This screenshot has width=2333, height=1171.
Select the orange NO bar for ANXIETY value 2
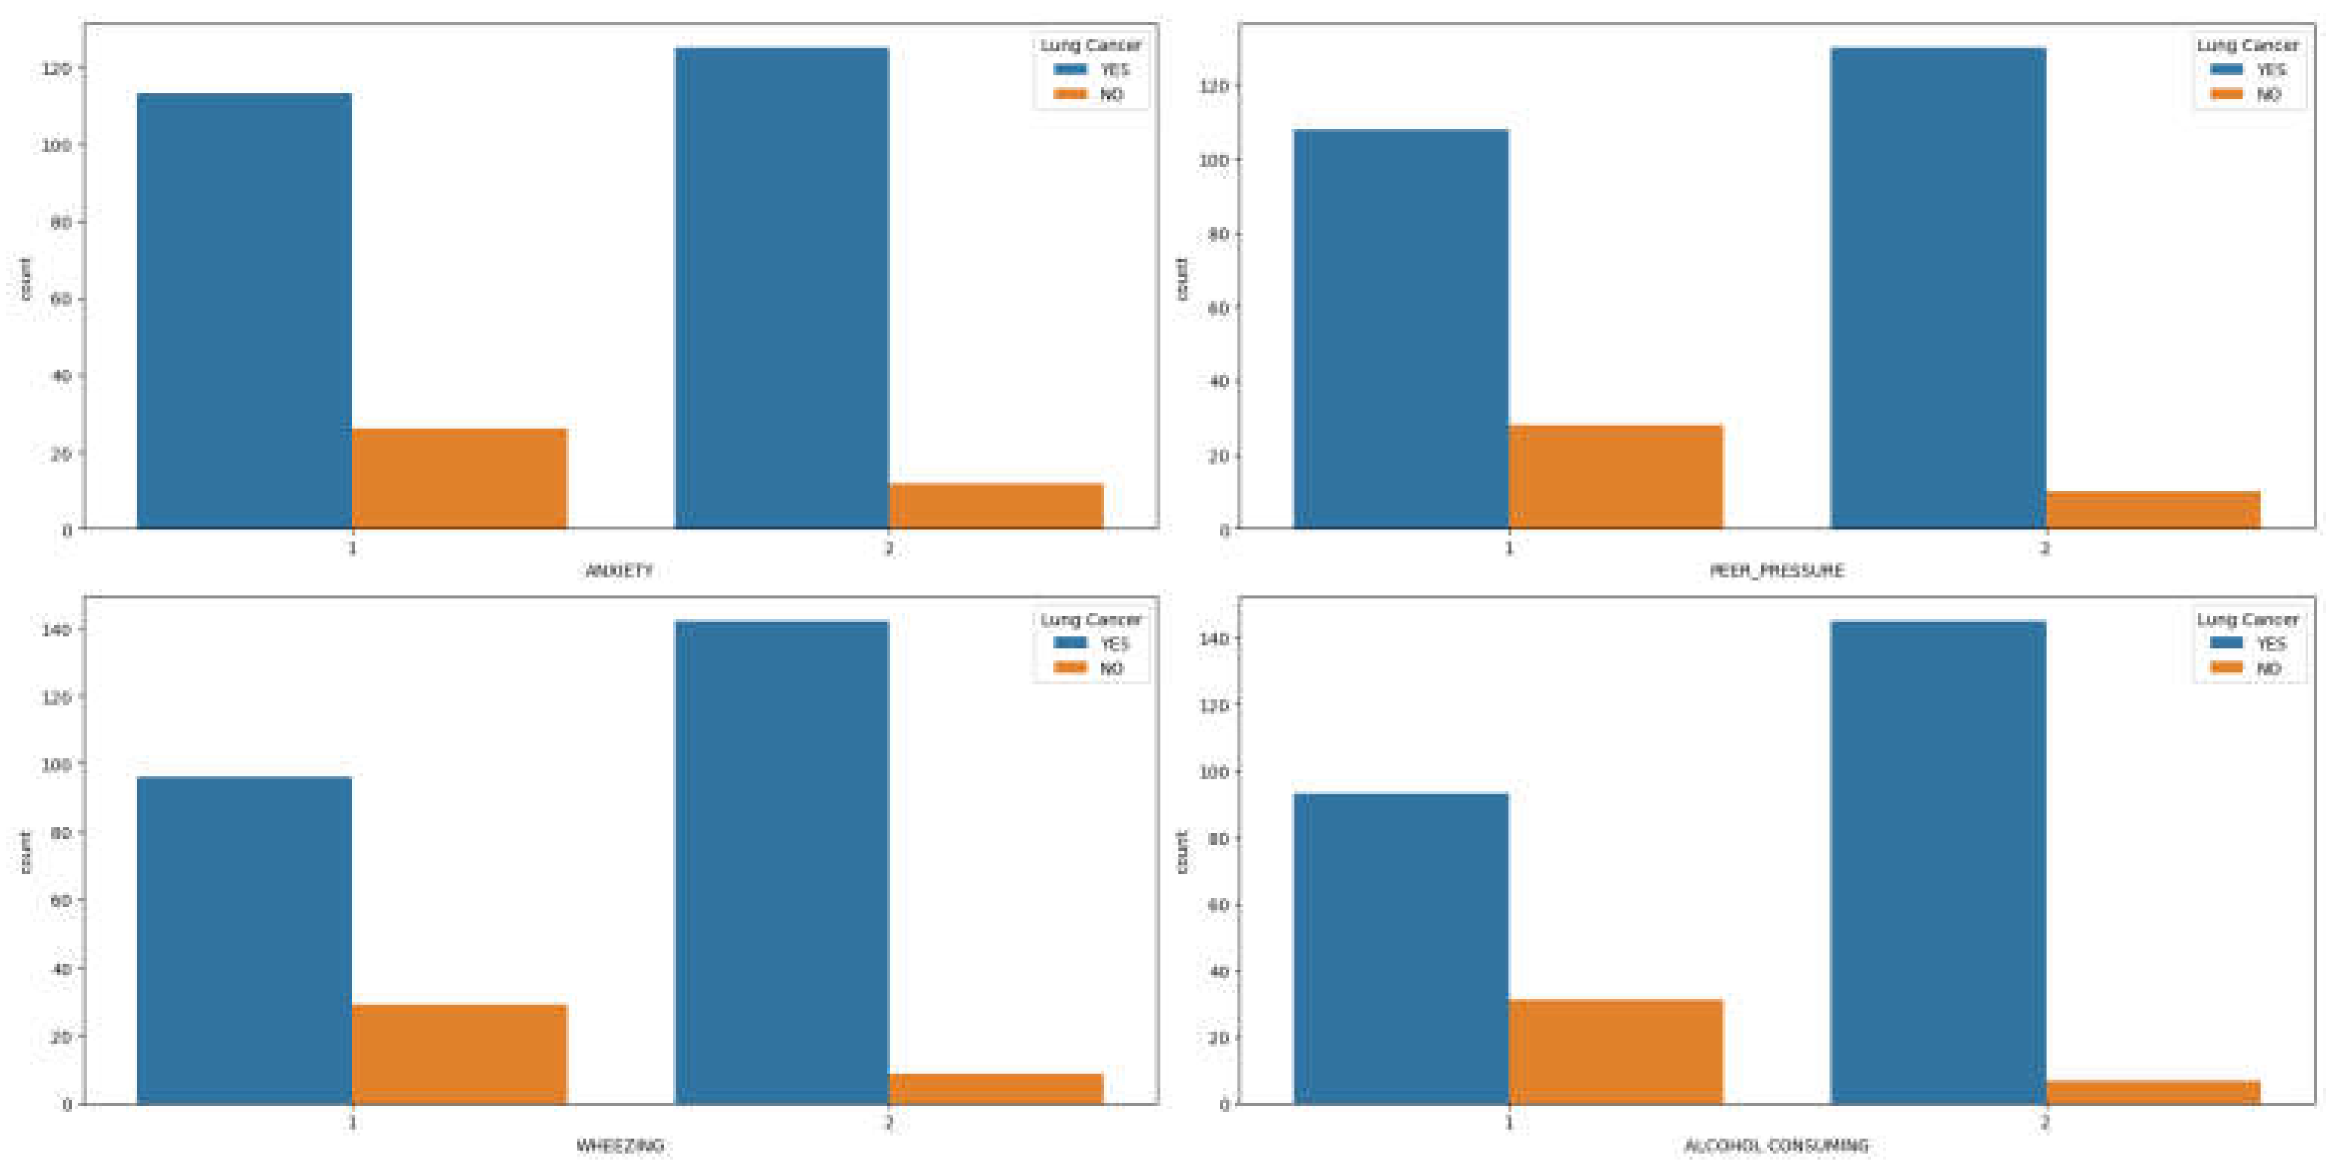pos(995,506)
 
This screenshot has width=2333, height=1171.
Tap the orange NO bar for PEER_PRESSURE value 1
pos(1615,477)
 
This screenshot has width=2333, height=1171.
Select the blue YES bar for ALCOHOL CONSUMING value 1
pos(1400,947)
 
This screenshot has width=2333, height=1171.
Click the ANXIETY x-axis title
pos(619,570)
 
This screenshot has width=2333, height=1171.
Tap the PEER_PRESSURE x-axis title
pos(1776,570)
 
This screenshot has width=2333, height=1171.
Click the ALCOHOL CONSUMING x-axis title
pos(1776,1146)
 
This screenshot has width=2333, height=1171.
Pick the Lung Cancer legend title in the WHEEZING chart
pos(1090,619)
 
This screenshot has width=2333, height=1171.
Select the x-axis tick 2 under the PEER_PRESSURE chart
pos(2044,548)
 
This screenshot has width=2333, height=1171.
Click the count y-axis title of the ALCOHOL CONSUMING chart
pos(1181,851)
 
